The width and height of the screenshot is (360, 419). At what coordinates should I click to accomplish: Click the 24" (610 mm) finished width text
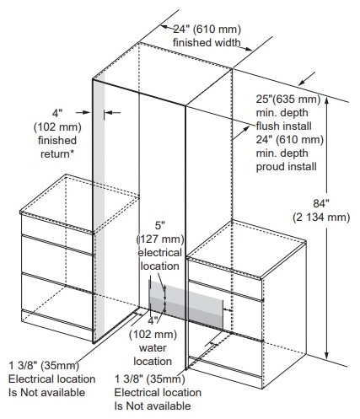pos(207,36)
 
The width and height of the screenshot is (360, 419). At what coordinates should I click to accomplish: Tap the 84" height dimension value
pos(321,203)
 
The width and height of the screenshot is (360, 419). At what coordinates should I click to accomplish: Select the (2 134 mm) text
pos(321,218)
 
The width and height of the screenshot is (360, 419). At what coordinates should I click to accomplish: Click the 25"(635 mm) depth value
pos(288,99)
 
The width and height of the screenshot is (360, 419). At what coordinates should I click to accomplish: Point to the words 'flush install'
pos(283,126)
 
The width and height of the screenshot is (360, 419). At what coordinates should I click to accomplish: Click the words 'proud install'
pos(286,167)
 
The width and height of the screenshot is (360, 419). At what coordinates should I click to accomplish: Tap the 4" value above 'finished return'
pos(57,114)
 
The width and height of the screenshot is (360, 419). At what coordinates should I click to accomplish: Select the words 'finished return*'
pos(57,147)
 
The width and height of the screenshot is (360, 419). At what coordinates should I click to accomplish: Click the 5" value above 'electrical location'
pos(160,226)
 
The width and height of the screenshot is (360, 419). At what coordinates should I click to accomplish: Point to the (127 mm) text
pos(160,239)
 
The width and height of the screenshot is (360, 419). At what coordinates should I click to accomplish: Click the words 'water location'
pos(153,355)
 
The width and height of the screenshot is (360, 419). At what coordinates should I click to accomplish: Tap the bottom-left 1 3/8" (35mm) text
pos(44,366)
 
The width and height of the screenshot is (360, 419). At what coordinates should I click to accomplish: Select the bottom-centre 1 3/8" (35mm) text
pos(150,379)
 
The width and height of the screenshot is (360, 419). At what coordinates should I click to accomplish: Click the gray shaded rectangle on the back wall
pos(185,304)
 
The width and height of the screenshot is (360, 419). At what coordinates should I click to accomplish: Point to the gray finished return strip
pos(99,211)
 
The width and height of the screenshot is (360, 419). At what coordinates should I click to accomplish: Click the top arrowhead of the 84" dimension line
pos(326,99)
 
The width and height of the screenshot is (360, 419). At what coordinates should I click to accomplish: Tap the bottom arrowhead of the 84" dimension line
pos(326,356)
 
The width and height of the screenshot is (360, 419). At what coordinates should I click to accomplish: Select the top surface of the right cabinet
pos(246,249)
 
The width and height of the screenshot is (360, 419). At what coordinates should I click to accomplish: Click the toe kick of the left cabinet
pos(57,325)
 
